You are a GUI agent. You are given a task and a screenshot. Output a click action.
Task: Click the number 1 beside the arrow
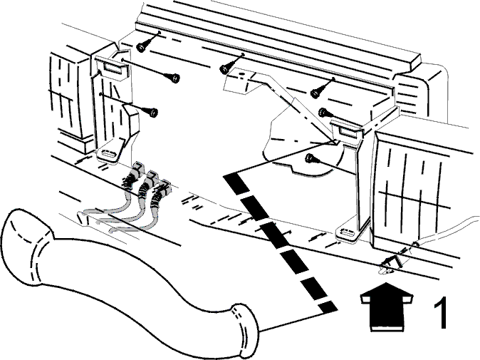440,312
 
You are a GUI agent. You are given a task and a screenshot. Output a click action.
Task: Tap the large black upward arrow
386,307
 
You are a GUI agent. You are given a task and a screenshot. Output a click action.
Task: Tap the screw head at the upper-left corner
140,47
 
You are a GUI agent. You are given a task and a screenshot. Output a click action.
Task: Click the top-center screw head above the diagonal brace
224,69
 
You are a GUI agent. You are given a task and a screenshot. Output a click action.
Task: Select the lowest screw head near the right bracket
310,158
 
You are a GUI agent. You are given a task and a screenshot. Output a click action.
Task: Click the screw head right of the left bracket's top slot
174,78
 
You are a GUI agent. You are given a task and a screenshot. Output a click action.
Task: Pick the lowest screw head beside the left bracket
152,113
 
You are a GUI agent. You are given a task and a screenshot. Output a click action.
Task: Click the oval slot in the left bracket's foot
109,153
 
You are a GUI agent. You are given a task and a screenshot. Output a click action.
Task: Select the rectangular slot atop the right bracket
347,131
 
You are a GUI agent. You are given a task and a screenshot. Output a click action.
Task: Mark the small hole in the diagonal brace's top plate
241,74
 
